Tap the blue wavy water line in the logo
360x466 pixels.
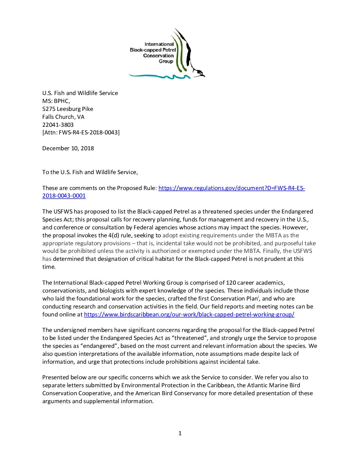coord(156,76)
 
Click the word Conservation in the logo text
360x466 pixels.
coord(158,56)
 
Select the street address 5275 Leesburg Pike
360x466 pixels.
coord(67,109)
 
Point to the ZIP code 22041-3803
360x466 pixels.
coord(58,125)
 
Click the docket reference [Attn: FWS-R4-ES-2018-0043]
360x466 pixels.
coord(81,132)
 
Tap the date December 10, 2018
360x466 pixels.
coord(68,148)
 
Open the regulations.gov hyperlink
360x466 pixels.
coord(231,188)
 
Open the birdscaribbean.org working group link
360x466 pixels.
coord(189,314)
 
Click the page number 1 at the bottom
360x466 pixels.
coord(180,433)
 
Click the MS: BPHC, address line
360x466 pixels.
coord(56,101)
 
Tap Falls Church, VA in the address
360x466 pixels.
coord(63,117)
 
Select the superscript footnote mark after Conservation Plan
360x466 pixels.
coord(258,297)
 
